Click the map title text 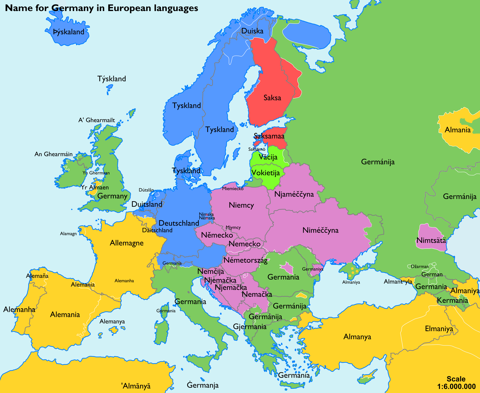101,8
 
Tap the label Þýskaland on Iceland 68,32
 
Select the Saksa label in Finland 272,98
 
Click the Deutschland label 179,223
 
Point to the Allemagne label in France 126,243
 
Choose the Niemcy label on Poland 241,205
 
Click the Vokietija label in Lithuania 265,173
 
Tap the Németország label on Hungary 245,260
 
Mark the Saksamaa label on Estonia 269,136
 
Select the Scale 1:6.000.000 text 456,383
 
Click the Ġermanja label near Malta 202,385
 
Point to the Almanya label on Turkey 357,337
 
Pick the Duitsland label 147,204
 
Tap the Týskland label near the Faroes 111,79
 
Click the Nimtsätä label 431,241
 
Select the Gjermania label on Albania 249,327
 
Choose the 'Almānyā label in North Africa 136,386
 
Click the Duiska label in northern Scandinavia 252,31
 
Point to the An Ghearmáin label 53,154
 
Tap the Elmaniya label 439,329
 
